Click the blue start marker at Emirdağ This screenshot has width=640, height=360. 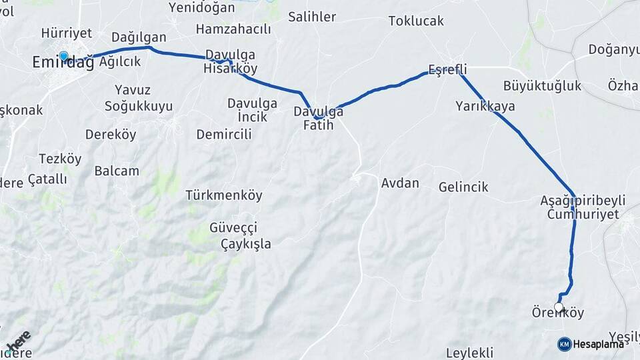pos(63,57)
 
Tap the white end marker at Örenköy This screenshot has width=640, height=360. pos(559,307)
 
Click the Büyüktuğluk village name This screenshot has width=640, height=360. pos(542,85)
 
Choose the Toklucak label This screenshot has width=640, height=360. pos(416,21)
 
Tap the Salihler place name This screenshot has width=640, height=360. pos(312,17)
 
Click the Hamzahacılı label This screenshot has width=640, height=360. pos(233,29)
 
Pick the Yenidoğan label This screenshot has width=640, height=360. pos(202,7)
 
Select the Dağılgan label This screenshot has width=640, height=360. pos(139,37)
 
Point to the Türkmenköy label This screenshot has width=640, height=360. pos(224,195)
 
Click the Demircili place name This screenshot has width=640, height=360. pos(224,134)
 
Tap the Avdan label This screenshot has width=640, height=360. pos(400,182)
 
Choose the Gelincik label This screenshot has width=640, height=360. pos(463,187)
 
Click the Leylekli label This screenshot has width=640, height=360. pos(469,352)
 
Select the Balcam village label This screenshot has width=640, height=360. pos(117,171)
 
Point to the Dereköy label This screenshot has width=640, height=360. pos(111,134)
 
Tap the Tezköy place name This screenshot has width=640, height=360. pos(60,159)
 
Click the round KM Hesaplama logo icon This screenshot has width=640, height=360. pos(564,344)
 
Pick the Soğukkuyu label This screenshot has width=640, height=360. pos(139,106)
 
